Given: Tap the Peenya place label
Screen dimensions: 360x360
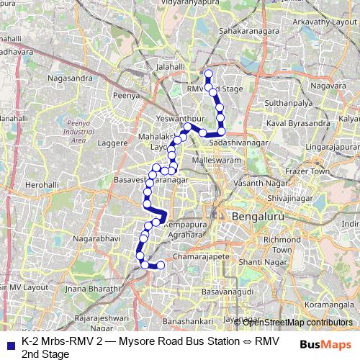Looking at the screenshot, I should point(125,94).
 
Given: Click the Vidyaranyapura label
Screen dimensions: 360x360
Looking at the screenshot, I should point(197,4).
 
